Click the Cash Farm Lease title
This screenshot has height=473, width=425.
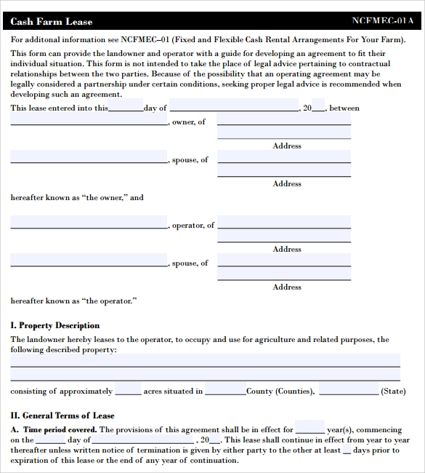[x=52, y=22]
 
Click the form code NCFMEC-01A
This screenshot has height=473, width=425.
[x=382, y=21]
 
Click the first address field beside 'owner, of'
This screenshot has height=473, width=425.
[x=284, y=119]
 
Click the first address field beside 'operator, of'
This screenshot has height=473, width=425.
[x=284, y=222]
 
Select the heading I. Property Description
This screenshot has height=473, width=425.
[x=55, y=325]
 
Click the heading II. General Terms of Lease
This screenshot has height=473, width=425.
[x=62, y=416]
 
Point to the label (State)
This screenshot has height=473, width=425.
[x=393, y=391]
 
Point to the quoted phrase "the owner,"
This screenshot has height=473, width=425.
[x=104, y=197]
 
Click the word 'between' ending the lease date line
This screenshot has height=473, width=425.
[x=344, y=108]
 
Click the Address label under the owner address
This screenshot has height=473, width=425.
[x=287, y=146]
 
